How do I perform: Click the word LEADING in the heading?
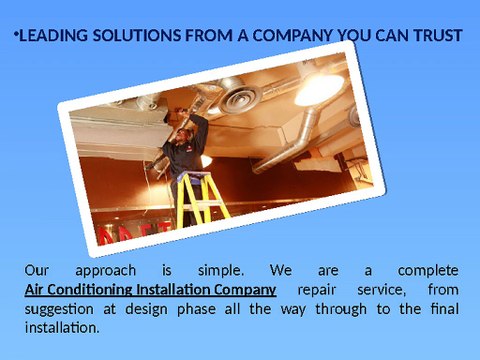(53, 37)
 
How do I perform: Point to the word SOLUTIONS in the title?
(141, 37)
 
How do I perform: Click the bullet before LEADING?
(16, 35)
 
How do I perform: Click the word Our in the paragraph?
(36, 271)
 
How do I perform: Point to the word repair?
(321, 290)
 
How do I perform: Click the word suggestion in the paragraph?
(62, 309)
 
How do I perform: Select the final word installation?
(61, 327)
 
